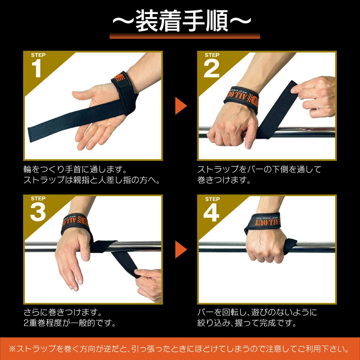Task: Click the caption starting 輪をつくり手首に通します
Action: coord(75,169)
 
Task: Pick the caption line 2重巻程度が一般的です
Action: coord(70,323)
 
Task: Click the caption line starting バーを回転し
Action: coord(257,312)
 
